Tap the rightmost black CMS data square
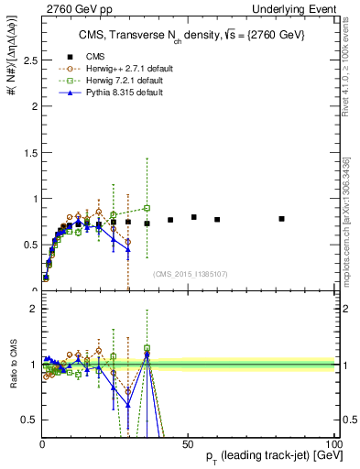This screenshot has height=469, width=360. coord(281,219)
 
